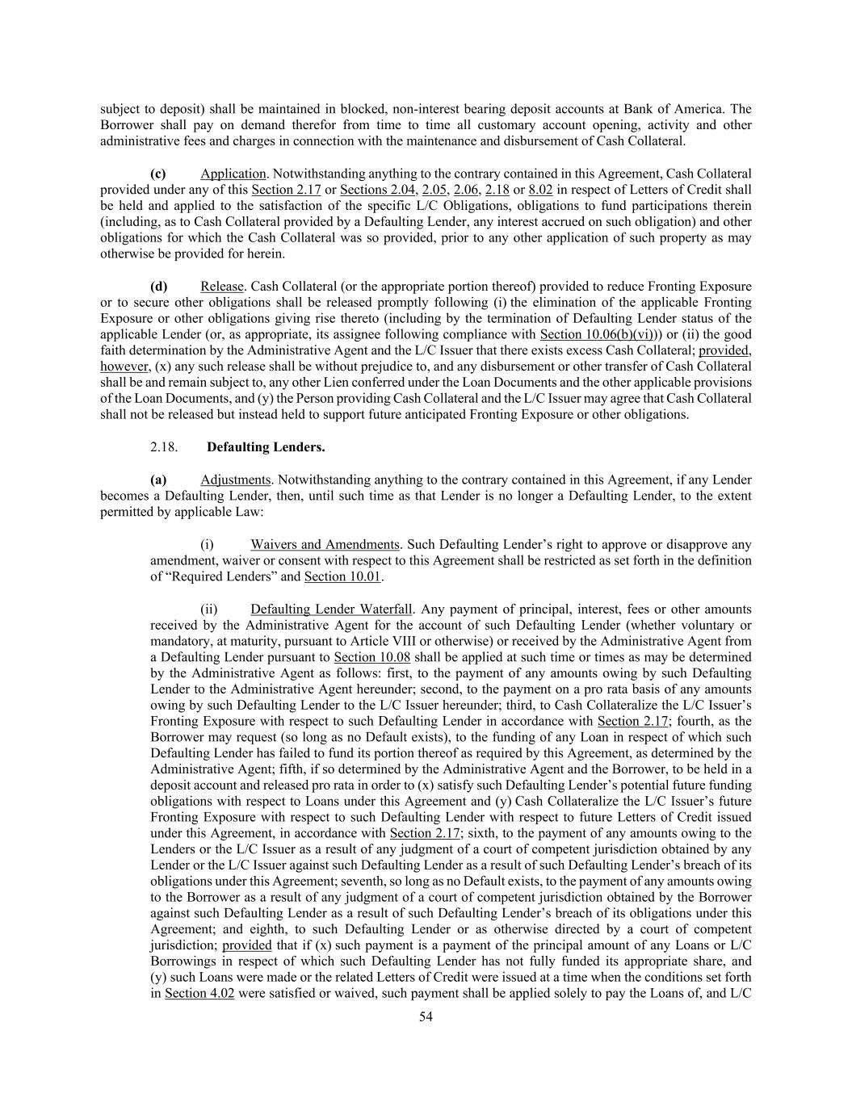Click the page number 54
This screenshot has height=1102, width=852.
[x=426, y=1016]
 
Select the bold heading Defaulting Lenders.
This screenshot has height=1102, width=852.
[x=266, y=446]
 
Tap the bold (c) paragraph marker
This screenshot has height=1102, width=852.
[x=158, y=174]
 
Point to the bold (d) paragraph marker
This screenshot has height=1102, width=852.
[x=158, y=286]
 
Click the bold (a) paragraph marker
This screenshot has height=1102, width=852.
[x=158, y=480]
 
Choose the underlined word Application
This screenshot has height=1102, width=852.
[x=233, y=174]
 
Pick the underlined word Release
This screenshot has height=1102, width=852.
[x=221, y=286]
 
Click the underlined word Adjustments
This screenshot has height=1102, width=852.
[x=236, y=480]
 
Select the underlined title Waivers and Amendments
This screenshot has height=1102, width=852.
[x=325, y=544]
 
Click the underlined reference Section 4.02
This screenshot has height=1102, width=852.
[x=199, y=993]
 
